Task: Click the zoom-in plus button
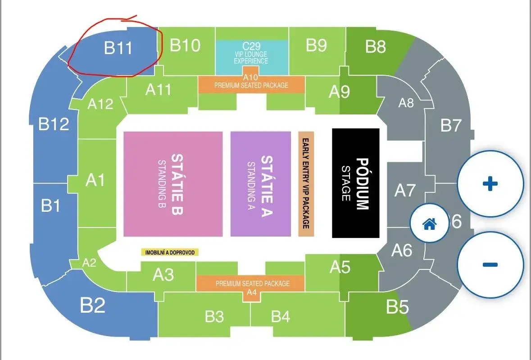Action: (490, 183)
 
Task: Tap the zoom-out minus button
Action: (490, 264)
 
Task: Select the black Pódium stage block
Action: (356, 183)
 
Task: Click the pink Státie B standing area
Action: (173, 184)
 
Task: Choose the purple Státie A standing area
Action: (261, 184)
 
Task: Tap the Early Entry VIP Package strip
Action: (306, 184)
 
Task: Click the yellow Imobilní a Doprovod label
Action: (170, 252)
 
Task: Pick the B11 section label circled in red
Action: (118, 47)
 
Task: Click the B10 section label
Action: (185, 45)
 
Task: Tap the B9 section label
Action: (316, 45)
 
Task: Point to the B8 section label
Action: (376, 46)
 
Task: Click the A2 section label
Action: (90, 263)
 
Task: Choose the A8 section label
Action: (406, 102)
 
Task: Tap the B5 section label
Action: (398, 307)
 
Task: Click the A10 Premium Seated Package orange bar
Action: (251, 84)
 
